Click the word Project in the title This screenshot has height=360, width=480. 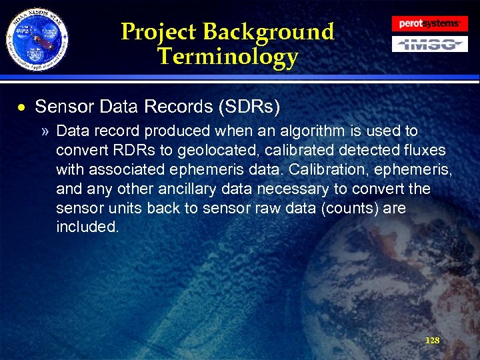159,32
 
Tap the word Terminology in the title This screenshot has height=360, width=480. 227,57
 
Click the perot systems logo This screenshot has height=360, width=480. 429,23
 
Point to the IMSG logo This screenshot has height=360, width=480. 429,45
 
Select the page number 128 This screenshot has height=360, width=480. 432,341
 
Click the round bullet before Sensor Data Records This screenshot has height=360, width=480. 23,107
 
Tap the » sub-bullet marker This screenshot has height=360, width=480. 44,131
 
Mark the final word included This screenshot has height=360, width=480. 88,227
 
